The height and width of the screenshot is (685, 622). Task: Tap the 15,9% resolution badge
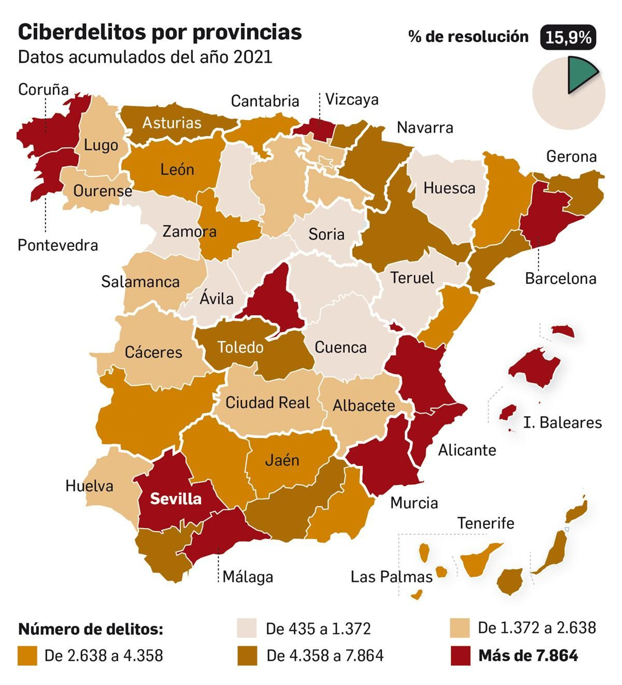pyautogui.click(x=568, y=37)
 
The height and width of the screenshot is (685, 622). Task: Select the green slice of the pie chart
pyautogui.click(x=580, y=74)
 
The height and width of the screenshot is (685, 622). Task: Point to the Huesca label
pyautogui.click(x=449, y=188)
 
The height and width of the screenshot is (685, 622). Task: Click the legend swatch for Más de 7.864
pyautogui.click(x=460, y=656)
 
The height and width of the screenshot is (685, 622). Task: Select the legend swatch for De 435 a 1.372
pyautogui.click(x=246, y=628)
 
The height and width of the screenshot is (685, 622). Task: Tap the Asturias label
pyautogui.click(x=172, y=123)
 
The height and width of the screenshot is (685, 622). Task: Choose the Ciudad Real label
pyautogui.click(x=267, y=402)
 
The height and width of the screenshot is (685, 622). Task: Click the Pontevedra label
pyautogui.click(x=58, y=245)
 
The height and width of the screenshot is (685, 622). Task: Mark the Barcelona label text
pyautogui.click(x=560, y=278)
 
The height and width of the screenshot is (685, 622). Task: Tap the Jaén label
pyautogui.click(x=282, y=460)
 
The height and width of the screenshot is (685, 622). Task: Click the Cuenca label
pyautogui.click(x=340, y=347)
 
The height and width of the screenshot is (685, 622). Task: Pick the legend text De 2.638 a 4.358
pyautogui.click(x=103, y=655)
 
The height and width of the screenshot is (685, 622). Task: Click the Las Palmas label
pyautogui.click(x=391, y=577)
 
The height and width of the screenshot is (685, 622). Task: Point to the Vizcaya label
pyautogui.click(x=351, y=99)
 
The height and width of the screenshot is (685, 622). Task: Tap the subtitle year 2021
pyautogui.click(x=253, y=57)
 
